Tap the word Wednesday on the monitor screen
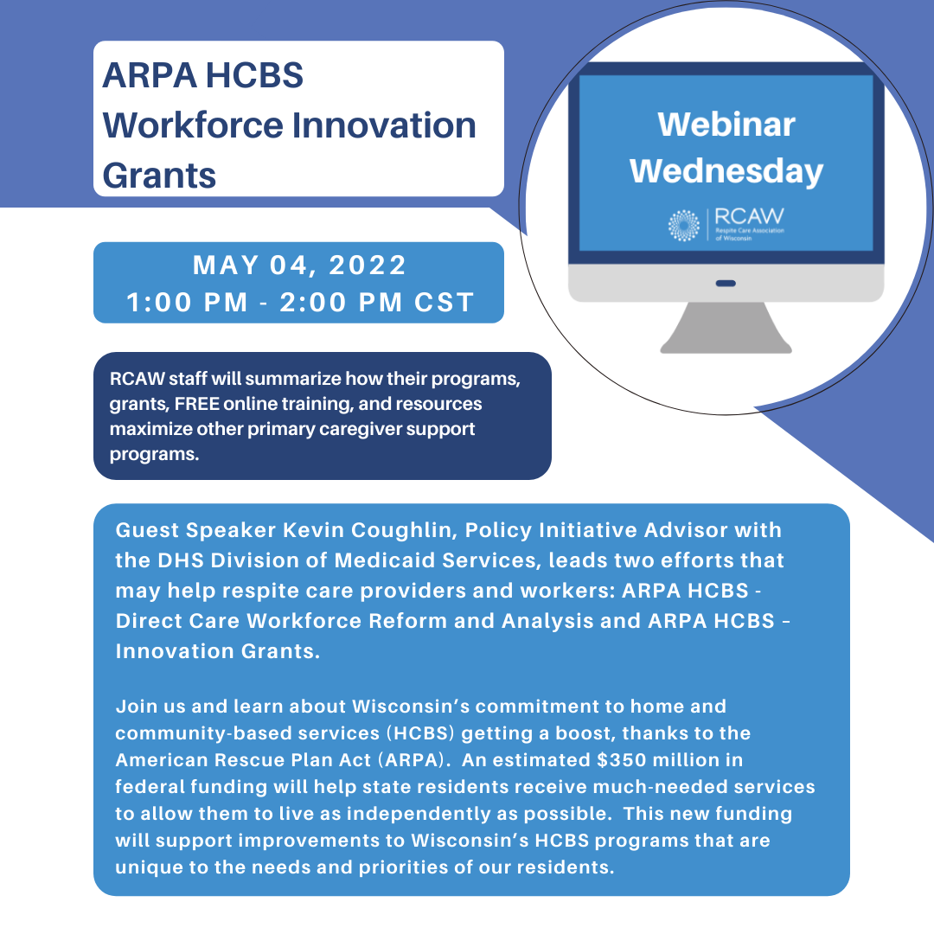(x=726, y=171)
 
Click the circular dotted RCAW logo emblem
(x=684, y=225)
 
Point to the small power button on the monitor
(x=726, y=283)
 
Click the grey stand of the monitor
(x=726, y=328)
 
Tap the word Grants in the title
(x=159, y=176)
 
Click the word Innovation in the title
(x=384, y=125)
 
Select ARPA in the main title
(x=150, y=75)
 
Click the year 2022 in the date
(x=368, y=265)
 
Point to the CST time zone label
(x=445, y=302)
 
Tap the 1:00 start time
(x=160, y=302)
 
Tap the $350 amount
(x=618, y=760)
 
